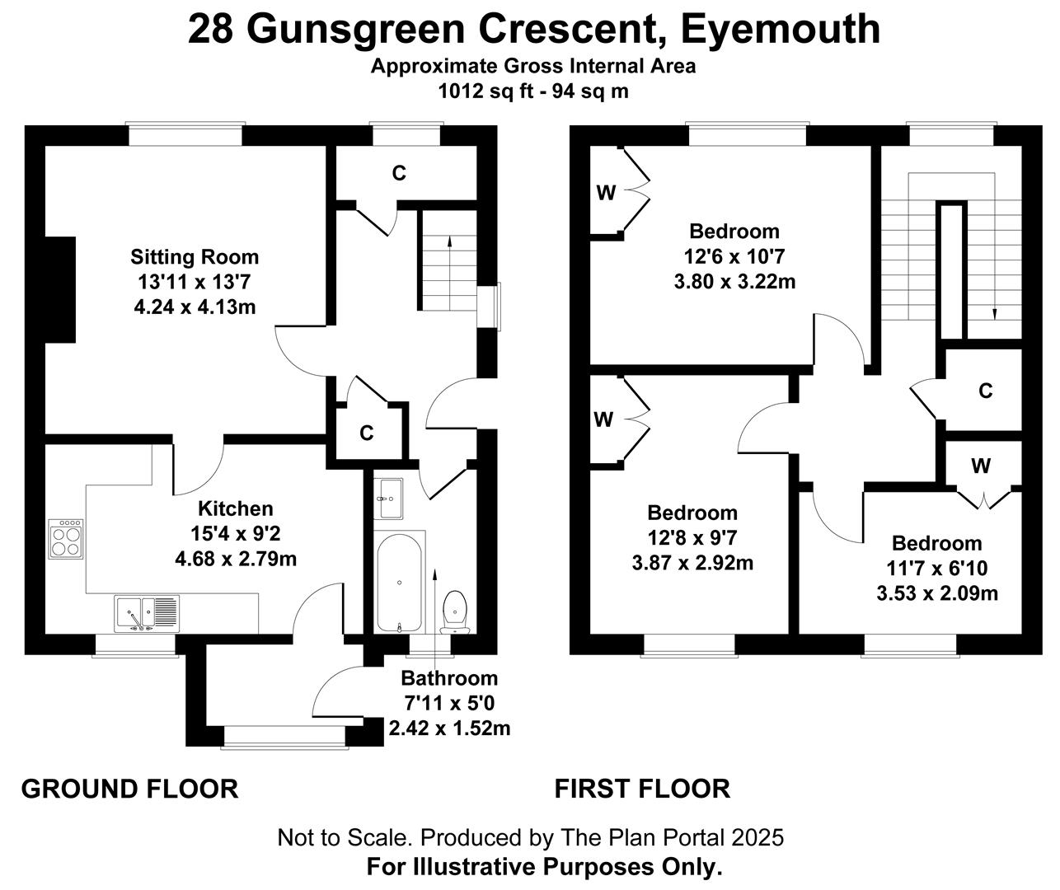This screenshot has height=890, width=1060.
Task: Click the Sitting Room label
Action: point(195,257)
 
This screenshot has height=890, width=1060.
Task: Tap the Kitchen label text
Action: point(236,508)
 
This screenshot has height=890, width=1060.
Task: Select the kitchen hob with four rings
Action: point(66,539)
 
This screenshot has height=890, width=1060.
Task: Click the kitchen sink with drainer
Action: point(146,613)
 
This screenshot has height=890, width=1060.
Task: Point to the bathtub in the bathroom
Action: point(400,583)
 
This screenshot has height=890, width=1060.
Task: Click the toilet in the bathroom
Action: point(455,611)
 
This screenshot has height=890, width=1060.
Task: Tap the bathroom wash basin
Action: point(388,499)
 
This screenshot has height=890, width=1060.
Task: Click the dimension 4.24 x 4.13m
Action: point(195,307)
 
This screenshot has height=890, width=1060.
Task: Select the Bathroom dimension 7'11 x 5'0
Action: point(449,703)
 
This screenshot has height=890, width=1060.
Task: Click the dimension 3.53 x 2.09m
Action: point(937,593)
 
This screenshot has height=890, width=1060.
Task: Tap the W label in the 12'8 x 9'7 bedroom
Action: point(603,419)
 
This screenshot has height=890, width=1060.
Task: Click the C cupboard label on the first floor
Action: point(985,391)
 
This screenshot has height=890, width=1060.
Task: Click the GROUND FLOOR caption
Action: point(130,789)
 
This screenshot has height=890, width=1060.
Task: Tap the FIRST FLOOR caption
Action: point(642,789)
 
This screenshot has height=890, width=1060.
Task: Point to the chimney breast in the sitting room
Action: point(60,289)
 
